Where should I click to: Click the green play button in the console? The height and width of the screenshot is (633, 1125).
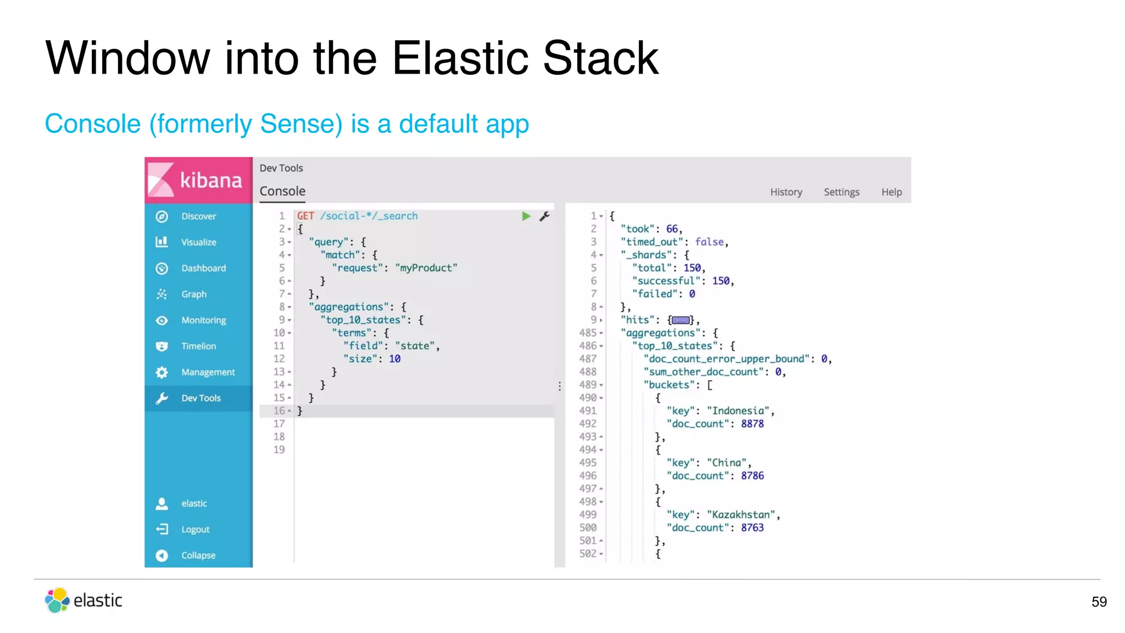pyautogui.click(x=526, y=216)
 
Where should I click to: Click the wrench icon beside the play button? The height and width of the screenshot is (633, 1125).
pyautogui.click(x=544, y=216)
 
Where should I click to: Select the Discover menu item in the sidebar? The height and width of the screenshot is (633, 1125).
pyautogui.click(x=198, y=216)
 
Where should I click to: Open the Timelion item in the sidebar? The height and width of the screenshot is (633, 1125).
pyautogui.click(x=198, y=346)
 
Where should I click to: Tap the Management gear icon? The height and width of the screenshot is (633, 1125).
pyautogui.click(x=161, y=373)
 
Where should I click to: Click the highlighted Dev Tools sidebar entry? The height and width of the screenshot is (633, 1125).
pyautogui.click(x=201, y=398)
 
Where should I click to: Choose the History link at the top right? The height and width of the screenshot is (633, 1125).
pyautogui.click(x=786, y=192)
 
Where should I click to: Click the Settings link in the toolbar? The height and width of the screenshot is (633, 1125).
pyautogui.click(x=841, y=192)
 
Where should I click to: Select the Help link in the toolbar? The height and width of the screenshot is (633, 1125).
pyautogui.click(x=891, y=192)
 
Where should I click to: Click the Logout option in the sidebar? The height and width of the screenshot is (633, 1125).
pyautogui.click(x=195, y=529)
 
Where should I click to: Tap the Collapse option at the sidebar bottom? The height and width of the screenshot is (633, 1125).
pyautogui.click(x=198, y=556)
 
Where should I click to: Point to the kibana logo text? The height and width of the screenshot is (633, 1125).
pyautogui.click(x=211, y=180)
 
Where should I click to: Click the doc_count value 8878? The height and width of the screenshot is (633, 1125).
pyautogui.click(x=752, y=424)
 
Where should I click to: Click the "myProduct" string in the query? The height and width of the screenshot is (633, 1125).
pyautogui.click(x=426, y=268)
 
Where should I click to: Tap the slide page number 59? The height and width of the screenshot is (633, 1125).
pyautogui.click(x=1099, y=602)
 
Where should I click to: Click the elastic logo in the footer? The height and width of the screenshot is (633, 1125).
pyautogui.click(x=83, y=600)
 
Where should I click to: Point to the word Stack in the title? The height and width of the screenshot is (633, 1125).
pyautogui.click(x=600, y=58)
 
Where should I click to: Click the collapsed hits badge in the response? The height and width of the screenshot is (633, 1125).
pyautogui.click(x=681, y=320)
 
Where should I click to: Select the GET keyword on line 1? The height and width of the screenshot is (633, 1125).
pyautogui.click(x=305, y=216)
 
